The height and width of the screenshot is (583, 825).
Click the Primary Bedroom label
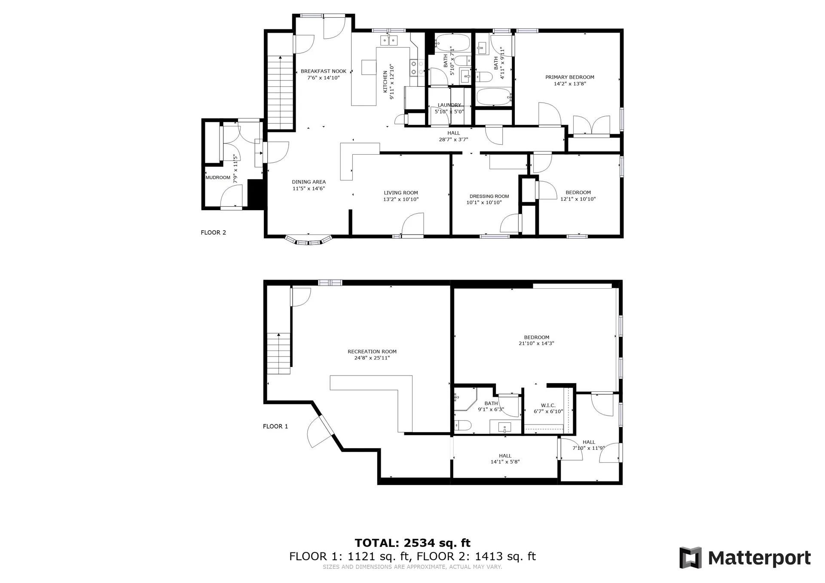tap(570, 77)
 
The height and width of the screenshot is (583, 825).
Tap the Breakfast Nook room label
tap(324, 71)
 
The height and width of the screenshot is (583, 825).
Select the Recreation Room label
tap(372, 351)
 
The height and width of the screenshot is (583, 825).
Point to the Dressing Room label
tap(489, 196)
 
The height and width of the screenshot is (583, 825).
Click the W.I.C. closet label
tap(548, 405)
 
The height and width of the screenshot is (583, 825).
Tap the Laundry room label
tap(449, 105)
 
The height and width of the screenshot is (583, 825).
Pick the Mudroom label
tap(218, 177)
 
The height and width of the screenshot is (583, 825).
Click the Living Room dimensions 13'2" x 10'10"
tap(401, 199)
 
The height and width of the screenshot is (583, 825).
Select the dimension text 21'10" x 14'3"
tap(537, 343)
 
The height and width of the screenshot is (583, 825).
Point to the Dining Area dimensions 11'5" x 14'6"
tap(309, 188)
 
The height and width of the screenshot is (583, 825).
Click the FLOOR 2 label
tap(213, 232)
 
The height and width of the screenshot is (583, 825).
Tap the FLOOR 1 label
tap(275, 426)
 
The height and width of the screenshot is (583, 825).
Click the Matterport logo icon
tap(691, 558)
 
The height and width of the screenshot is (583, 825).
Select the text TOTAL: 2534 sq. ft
tap(412, 543)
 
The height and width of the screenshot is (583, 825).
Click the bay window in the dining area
tap(309, 240)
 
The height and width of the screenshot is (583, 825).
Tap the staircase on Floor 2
tap(280, 92)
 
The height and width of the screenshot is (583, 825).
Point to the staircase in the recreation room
tap(279, 354)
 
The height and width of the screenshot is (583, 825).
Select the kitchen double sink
tap(389, 41)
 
